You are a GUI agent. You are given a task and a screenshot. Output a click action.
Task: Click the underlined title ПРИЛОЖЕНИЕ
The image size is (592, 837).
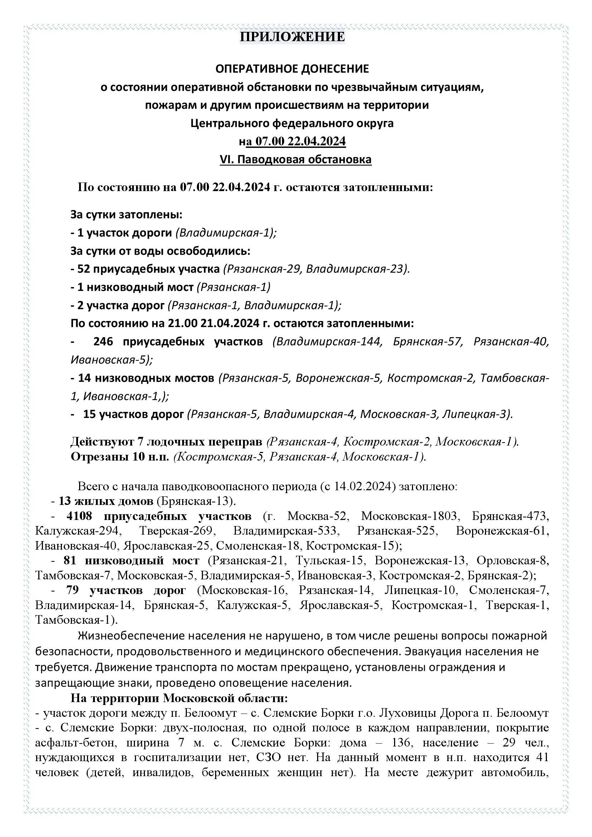292,37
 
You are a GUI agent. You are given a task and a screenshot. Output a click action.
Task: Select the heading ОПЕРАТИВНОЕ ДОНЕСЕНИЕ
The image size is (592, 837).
292,69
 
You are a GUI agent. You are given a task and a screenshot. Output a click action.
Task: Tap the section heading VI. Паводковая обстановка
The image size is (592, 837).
296,159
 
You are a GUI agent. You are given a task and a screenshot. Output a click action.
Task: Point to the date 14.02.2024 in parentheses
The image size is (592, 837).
364,487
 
